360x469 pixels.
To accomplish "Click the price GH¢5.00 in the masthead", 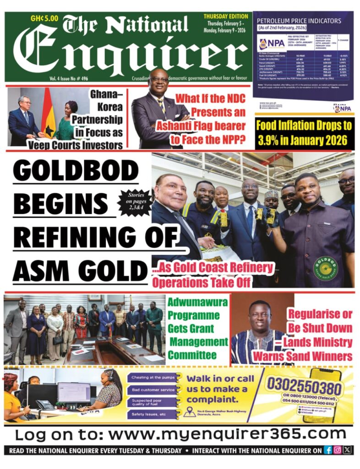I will click(44, 19).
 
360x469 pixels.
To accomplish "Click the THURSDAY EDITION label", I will click(226, 16).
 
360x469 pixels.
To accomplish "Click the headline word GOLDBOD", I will click(76, 170).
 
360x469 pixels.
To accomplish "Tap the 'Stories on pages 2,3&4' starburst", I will click(135, 202).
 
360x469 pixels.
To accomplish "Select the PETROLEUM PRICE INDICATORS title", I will click(299, 21).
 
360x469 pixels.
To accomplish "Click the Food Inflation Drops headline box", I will click(304, 132).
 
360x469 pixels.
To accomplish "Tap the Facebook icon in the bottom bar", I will click(328, 450).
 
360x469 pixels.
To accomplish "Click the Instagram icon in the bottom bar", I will click(338, 450).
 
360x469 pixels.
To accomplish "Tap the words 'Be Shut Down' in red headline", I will click(320, 328).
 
